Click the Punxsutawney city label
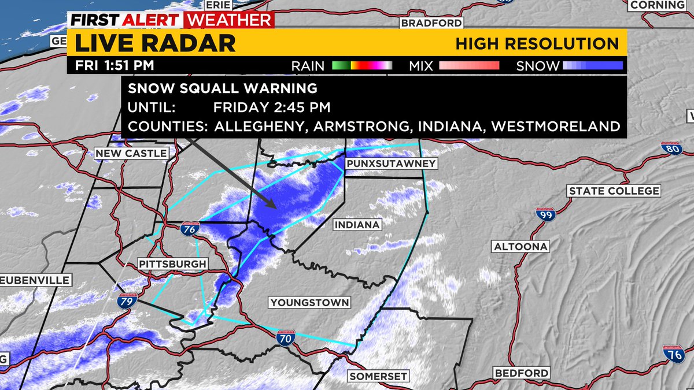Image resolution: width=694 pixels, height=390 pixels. (390, 164)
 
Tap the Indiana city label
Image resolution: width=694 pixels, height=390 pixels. (357, 224)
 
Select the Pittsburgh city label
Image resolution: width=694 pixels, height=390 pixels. (172, 264)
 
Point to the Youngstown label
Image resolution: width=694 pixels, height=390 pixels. (309, 302)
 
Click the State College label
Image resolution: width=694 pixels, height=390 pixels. (614, 191)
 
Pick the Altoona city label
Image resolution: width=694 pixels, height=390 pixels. (520, 247)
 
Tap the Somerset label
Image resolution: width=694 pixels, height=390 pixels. (378, 376)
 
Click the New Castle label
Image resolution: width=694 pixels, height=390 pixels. (131, 153)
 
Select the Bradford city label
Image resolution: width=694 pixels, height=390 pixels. (432, 23)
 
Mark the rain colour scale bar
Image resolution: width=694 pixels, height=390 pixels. (362, 65)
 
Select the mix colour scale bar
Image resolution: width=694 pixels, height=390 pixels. (468, 65)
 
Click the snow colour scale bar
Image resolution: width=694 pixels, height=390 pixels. (593, 65)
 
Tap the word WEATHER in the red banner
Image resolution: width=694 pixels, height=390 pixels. (228, 20)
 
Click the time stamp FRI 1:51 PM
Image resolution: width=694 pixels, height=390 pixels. (115, 65)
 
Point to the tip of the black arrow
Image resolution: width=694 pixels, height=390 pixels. (276, 206)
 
